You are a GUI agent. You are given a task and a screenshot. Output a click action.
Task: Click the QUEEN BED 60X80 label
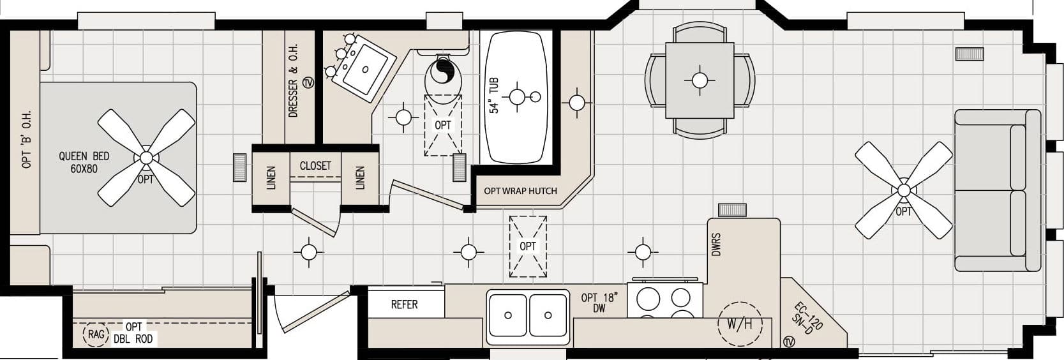(x=84, y=162)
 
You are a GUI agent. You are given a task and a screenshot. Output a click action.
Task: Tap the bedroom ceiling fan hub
(x=146, y=157)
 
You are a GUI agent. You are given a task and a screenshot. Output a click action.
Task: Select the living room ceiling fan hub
(x=903, y=190)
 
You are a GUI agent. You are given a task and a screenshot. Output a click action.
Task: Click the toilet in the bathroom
(x=441, y=77)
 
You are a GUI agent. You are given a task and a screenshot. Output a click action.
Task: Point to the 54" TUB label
(x=494, y=96)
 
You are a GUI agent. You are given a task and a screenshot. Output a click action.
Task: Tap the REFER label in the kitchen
(x=404, y=304)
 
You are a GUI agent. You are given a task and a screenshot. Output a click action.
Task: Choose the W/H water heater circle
(x=740, y=323)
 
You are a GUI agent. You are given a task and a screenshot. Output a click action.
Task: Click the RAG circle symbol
(x=96, y=334)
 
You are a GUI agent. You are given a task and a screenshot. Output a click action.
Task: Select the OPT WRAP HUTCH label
(x=520, y=191)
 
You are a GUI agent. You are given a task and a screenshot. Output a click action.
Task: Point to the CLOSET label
(x=315, y=166)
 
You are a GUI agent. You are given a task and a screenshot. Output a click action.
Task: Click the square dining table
(x=700, y=80)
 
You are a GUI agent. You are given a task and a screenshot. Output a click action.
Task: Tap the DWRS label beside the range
(x=716, y=244)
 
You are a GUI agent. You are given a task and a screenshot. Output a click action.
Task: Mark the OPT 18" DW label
(x=598, y=303)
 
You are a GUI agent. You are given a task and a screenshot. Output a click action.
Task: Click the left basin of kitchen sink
(x=508, y=315)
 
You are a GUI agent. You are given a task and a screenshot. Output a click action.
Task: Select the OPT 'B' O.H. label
(x=27, y=139)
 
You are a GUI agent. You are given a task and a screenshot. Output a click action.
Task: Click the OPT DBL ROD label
(x=133, y=333)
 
